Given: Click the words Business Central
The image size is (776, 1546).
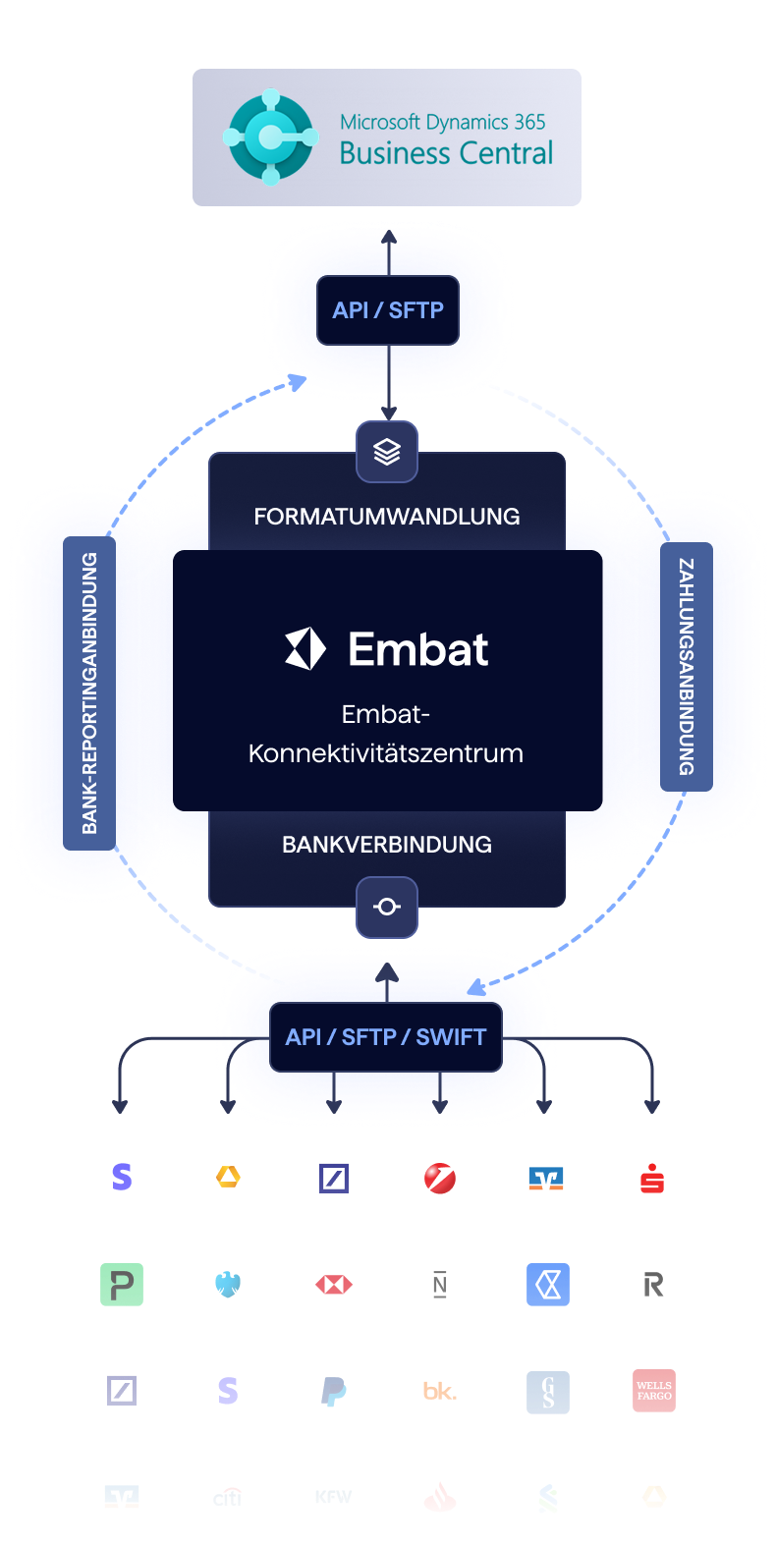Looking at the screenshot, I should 446,153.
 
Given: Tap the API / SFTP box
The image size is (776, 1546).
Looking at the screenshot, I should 388,310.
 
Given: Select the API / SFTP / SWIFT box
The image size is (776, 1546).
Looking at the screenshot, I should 386,1037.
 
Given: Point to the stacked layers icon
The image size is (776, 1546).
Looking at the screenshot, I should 387,452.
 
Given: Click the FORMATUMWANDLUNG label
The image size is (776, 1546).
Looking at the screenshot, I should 387,517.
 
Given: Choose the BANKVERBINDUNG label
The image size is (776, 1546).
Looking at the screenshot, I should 387,845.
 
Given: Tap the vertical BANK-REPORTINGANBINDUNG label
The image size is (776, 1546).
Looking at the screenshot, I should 89,693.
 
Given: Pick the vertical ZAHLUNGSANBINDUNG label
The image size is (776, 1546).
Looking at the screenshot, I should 687,667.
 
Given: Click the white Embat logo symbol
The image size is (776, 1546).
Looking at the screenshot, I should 305,649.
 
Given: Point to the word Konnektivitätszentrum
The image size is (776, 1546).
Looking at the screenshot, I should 386,753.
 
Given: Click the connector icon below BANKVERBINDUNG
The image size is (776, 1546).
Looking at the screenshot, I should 387,907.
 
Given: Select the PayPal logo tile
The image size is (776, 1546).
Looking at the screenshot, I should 334,1390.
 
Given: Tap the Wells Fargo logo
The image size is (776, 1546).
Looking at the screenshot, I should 653,1390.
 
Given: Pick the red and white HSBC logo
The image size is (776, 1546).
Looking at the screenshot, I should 334,1284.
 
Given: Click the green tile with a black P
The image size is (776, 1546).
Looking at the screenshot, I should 122,1284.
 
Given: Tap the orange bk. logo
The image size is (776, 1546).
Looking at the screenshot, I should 440,1390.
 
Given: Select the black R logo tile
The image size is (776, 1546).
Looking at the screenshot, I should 653,1284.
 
